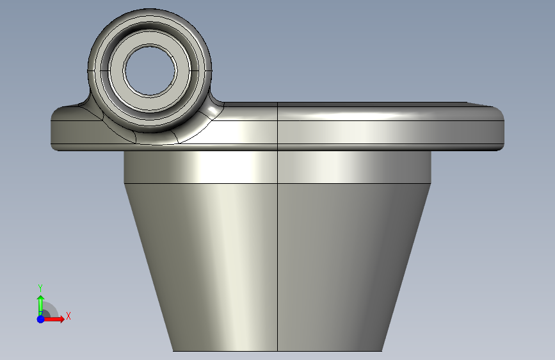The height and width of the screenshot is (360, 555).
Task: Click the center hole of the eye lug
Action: point(150,70)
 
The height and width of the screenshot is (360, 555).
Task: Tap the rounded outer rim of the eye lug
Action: point(150,13)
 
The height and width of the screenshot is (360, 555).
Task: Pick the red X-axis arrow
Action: point(54,319)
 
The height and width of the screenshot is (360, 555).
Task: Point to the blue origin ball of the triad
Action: point(41,319)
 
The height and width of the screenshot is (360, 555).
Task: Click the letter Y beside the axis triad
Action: point(40,288)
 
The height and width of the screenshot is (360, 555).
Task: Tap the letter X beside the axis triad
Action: point(68,316)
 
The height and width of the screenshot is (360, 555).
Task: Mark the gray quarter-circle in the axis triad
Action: point(51,310)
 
